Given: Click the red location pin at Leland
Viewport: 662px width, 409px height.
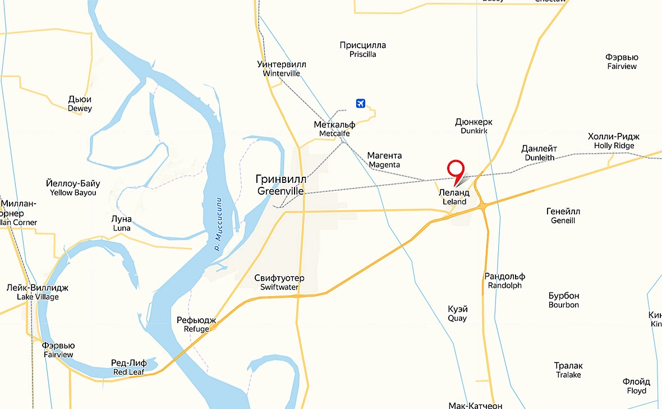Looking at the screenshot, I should [x=456, y=170].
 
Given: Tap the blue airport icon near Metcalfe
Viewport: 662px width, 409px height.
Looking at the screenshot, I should [x=361, y=103].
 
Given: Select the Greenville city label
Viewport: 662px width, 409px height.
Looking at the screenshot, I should [x=281, y=185].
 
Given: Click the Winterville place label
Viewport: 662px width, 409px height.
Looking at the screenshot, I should [x=282, y=68].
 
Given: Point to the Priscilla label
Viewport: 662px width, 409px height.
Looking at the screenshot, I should [x=362, y=49].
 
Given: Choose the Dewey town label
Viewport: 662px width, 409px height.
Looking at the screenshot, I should [x=80, y=103].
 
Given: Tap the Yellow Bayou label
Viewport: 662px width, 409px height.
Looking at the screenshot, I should [x=73, y=187].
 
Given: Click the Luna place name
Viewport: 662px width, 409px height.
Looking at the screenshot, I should [x=122, y=223].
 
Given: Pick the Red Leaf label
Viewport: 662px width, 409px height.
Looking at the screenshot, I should [x=129, y=367].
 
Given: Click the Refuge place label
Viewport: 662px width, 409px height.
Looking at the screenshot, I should [x=196, y=324].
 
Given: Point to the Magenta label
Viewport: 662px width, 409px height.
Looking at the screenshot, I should [x=384, y=160].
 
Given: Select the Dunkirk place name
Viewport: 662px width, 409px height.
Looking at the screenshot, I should [x=474, y=126].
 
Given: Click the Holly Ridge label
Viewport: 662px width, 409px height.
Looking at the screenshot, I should [x=614, y=141].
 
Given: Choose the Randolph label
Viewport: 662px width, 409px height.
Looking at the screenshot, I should [x=505, y=281].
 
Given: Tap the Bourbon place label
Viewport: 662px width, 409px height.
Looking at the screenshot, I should [x=564, y=300].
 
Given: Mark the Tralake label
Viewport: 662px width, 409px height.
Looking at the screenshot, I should [x=568, y=370].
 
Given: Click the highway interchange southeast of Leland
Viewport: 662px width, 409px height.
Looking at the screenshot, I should [x=483, y=207].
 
